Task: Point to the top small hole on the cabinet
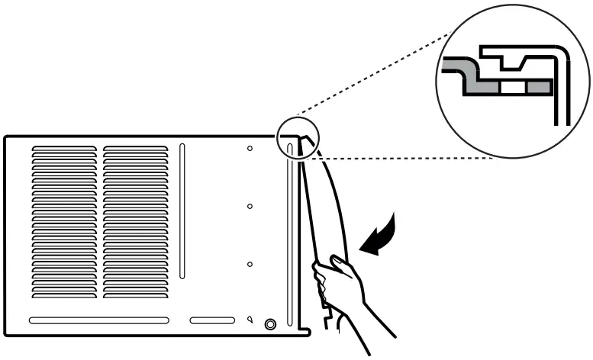point(250,148)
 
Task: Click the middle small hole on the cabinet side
point(250,206)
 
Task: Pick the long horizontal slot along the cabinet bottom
point(99,320)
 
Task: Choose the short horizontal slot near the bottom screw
point(212,320)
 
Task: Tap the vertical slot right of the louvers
point(182,211)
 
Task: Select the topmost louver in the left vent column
point(64,149)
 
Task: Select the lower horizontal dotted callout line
point(404,159)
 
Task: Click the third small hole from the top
point(250,264)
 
